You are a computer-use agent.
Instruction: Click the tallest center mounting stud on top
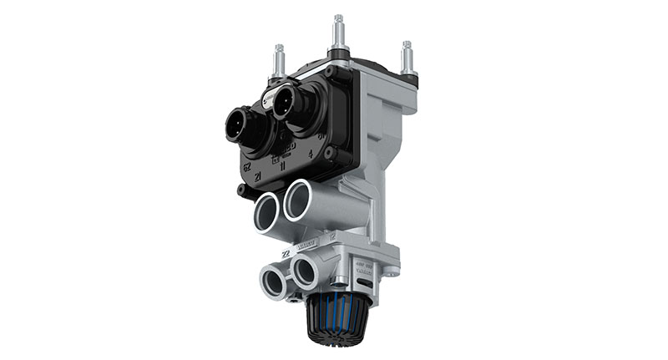339,33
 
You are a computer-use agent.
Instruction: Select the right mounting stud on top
407,58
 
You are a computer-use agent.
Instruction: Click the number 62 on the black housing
247,166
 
